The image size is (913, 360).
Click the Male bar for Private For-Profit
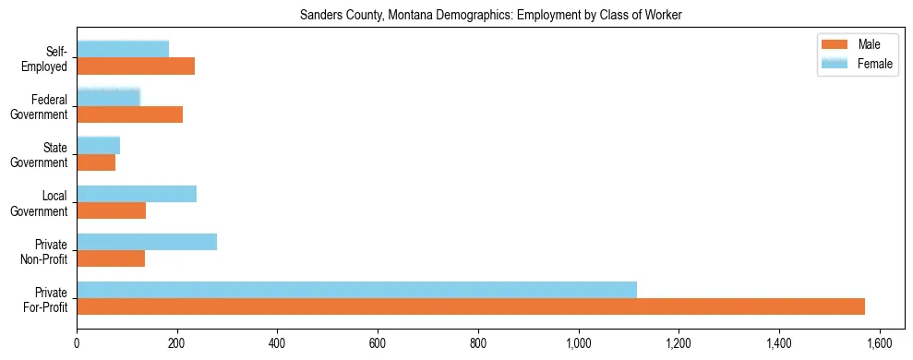click(471, 306)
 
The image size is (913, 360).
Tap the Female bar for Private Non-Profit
click(147, 242)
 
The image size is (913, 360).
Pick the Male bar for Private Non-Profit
click(111, 258)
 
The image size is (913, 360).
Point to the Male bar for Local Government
click(111, 210)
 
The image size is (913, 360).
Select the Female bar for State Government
click(98, 146)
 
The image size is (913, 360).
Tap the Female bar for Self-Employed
click(123, 50)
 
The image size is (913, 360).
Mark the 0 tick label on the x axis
click(77, 342)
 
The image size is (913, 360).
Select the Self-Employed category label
click(48, 58)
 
